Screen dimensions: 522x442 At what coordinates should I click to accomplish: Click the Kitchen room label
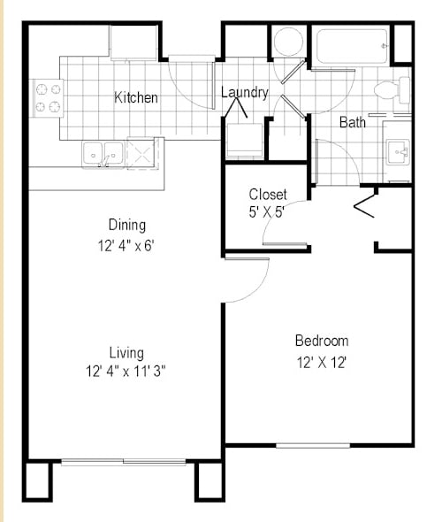136,97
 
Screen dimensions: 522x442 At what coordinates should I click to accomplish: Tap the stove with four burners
48,98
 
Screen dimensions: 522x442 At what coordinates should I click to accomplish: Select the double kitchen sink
103,154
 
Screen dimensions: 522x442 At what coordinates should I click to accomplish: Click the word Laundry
244,92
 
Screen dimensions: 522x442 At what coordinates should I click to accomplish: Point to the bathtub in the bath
352,46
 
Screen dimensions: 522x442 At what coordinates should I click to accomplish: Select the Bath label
353,123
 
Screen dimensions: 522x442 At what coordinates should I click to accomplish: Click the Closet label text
267,195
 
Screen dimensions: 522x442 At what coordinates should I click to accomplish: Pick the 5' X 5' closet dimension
267,213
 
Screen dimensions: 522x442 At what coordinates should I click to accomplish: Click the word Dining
126,225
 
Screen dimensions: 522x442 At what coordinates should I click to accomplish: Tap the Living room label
126,352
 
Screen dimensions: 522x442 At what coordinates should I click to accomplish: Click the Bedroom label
321,341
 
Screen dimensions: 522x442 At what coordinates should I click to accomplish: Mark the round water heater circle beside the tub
287,42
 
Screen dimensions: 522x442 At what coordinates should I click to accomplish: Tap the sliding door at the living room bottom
123,460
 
